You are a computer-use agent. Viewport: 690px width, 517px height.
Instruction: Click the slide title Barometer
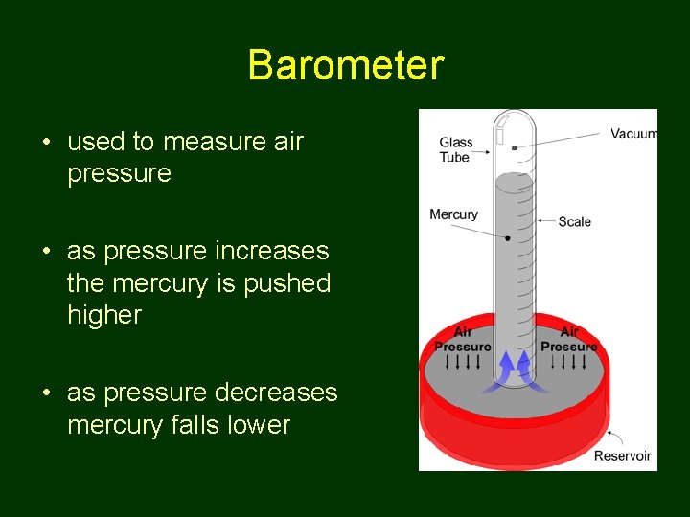(x=345, y=66)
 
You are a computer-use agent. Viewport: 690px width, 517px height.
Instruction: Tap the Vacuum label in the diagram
(x=633, y=134)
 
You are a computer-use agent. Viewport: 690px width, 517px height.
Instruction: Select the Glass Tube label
(x=455, y=150)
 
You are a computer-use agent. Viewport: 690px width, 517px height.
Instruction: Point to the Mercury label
(x=453, y=214)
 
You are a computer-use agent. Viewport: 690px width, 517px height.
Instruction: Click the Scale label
(x=575, y=222)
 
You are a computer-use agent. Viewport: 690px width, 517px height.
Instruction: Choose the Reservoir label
(x=622, y=456)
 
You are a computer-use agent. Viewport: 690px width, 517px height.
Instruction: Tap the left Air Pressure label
(x=463, y=340)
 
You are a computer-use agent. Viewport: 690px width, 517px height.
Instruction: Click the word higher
(x=104, y=316)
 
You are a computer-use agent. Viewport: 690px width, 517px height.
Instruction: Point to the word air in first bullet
(x=286, y=143)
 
